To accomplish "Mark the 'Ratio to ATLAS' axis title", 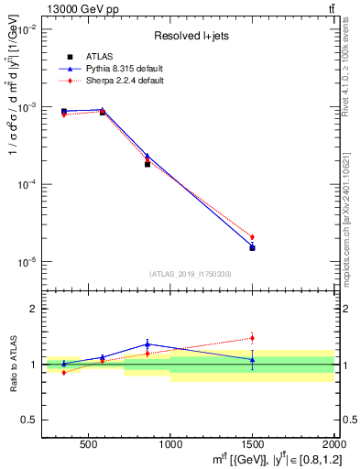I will (x=12, y=365).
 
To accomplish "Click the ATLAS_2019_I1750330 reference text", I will (x=191, y=274).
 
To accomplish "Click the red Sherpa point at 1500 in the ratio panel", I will (x=252, y=338).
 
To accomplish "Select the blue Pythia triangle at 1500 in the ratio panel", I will (x=252, y=359).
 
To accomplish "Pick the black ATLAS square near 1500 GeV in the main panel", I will (x=252, y=248).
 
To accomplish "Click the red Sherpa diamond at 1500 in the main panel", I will (x=252, y=237).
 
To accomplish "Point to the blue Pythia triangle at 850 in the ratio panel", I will (x=147, y=344).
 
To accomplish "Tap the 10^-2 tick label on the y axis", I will (x=27, y=30).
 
